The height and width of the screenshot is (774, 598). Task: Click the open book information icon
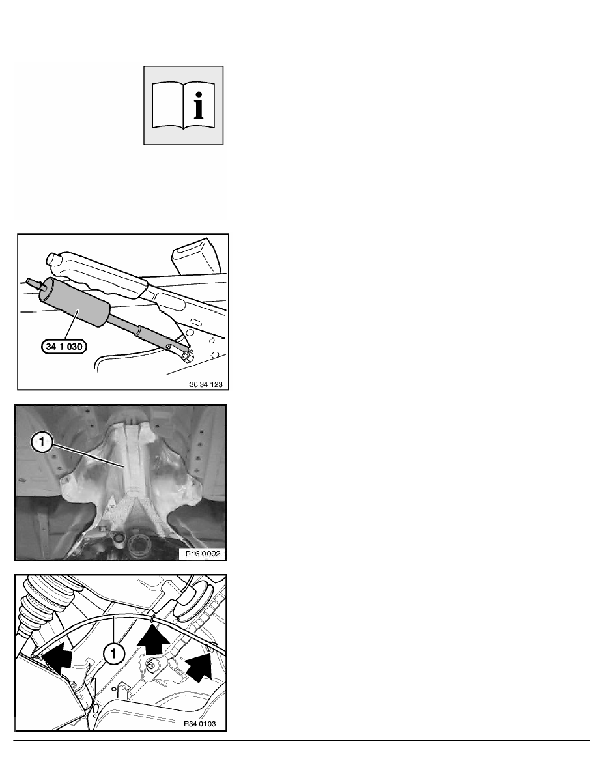[x=183, y=105]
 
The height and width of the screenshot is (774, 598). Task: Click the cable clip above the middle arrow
[x=152, y=617]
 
